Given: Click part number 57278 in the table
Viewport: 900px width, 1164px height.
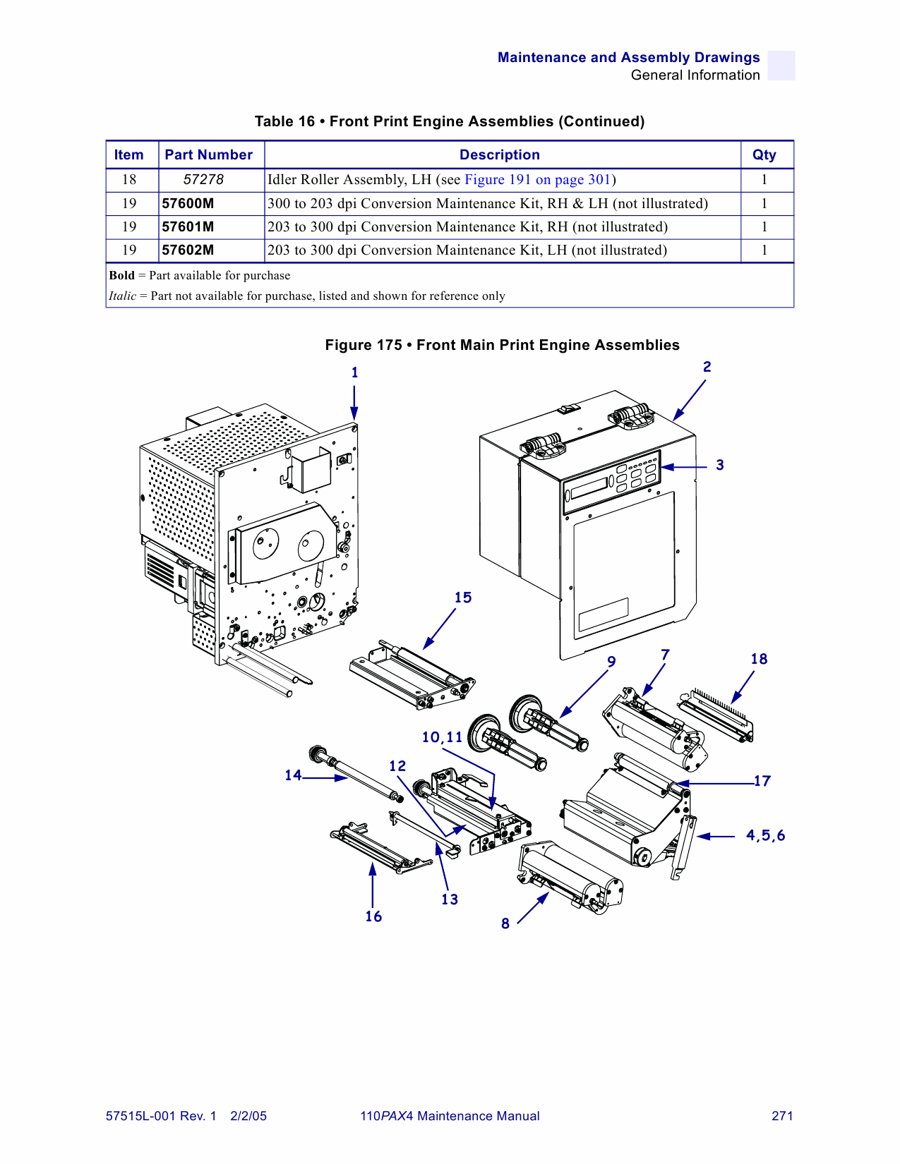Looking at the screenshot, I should coord(203,180).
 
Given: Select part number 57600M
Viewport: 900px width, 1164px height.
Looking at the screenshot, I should coord(188,204).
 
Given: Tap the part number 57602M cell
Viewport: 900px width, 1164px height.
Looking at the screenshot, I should coord(188,250).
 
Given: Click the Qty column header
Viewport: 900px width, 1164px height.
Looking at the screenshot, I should coord(764,155).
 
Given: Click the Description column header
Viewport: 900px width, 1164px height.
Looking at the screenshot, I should coord(499,155).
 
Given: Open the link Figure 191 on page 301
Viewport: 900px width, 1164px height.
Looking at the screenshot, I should coord(537,180).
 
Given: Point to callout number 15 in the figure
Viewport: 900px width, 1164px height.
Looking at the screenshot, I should coord(463,598).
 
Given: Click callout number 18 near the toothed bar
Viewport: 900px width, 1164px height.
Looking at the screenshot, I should coord(759,659).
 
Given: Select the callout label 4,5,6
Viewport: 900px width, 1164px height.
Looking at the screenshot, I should coord(765,836).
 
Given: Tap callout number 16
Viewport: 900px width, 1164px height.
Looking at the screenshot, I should coord(373,916).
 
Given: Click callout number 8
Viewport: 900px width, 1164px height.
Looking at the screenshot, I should coord(505,924).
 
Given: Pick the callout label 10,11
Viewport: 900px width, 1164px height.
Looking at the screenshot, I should coord(442,737).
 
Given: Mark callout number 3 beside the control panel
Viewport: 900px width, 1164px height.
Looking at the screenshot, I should coord(720,465).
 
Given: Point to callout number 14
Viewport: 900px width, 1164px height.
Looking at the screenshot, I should coord(293,775).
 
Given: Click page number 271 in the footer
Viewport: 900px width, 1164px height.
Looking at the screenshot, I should coord(782,1116).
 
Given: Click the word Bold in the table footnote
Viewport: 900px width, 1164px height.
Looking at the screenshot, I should coord(121,276).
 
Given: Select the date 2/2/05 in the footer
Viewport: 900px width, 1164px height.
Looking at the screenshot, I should coord(248,1116).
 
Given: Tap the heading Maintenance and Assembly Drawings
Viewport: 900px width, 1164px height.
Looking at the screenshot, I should coord(628,58).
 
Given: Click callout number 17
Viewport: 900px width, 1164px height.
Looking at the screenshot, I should coord(762,781).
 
